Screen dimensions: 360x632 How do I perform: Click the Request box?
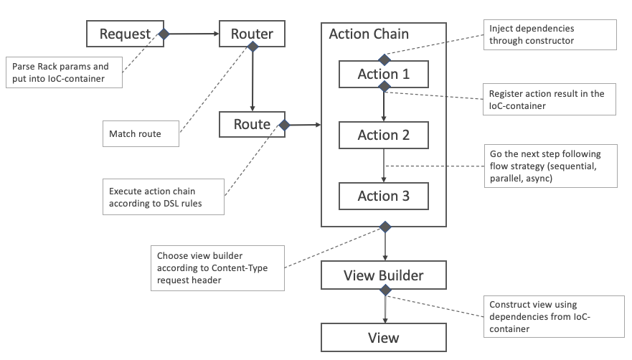pyautogui.click(x=125, y=34)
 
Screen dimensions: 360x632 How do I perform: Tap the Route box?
pyautogui.click(x=252, y=124)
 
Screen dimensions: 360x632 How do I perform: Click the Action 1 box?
pyautogui.click(x=383, y=74)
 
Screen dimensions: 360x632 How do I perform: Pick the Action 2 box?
pyautogui.click(x=383, y=135)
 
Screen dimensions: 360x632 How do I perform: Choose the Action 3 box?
pyautogui.click(x=383, y=195)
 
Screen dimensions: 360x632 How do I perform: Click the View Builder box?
pyautogui.click(x=383, y=275)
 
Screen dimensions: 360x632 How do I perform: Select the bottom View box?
pyautogui.click(x=383, y=337)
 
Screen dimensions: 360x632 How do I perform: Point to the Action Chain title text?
pyautogui.click(x=369, y=34)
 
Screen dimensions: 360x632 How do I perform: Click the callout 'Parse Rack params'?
pyautogui.click(x=64, y=72)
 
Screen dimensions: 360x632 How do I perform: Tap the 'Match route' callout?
pyautogui.click(x=141, y=133)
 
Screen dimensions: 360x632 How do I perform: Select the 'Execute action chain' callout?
pyautogui.click(x=164, y=197)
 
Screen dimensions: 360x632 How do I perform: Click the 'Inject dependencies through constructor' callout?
pyautogui.click(x=549, y=34)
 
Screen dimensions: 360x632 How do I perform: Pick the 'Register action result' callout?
pyautogui.click(x=549, y=99)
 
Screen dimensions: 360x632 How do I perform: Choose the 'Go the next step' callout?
pyautogui.click(x=549, y=167)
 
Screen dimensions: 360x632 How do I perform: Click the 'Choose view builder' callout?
pyautogui.click(x=218, y=269)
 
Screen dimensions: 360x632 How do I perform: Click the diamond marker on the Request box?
pyautogui.click(x=164, y=34)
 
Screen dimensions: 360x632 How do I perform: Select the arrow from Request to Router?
pyautogui.click(x=192, y=34)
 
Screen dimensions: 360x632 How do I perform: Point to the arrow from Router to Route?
pyautogui.click(x=252, y=79)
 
